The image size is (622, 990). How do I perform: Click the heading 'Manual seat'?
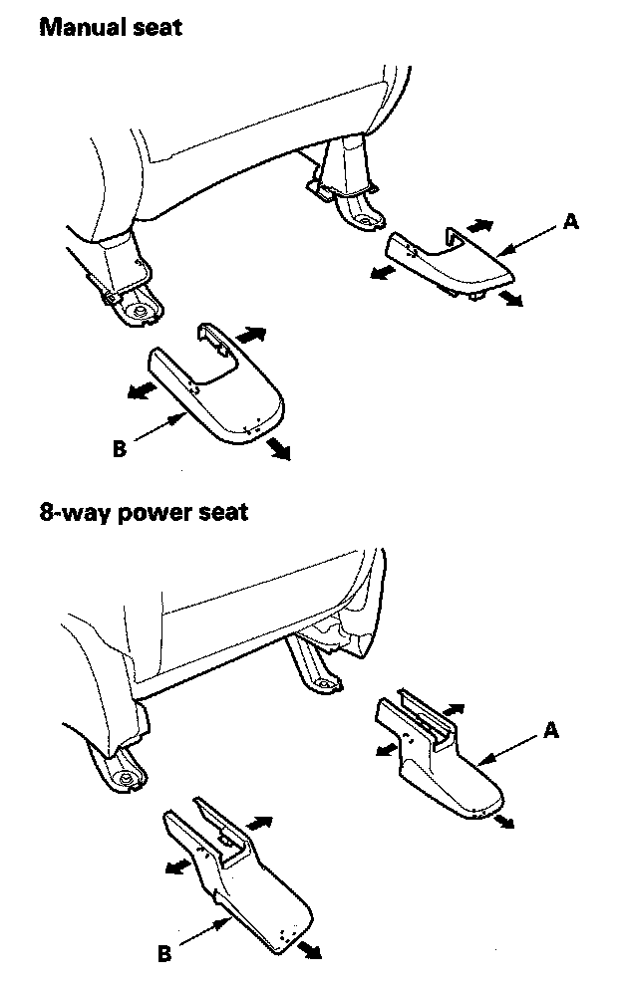coord(111,26)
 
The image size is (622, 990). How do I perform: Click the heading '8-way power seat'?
coord(144,514)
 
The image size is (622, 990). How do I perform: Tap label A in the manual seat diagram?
coord(570,222)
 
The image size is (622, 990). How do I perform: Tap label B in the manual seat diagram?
coord(120,450)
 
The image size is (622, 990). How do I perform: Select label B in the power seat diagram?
coord(163,954)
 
